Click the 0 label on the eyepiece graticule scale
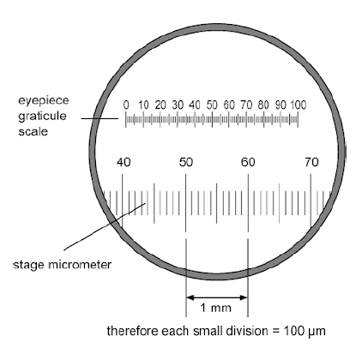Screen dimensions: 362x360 coord(126,105)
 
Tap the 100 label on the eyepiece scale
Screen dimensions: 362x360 coord(299,105)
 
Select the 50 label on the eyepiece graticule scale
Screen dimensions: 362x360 coord(212,105)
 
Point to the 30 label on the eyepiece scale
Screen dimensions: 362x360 coord(178,105)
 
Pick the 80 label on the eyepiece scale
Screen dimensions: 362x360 coord(263,105)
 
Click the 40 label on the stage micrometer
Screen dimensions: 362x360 coord(124,162)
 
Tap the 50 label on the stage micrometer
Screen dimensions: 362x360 coord(186,162)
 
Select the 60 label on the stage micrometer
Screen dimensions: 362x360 coord(248,162)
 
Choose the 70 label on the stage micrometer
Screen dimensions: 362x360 coord(311,162)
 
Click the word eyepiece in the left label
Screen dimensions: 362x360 coord(44,101)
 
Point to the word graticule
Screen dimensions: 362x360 coord(42,116)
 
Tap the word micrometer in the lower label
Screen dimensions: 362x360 coord(80,265)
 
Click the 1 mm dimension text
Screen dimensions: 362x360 coord(215,308)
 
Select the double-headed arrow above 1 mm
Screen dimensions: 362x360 coord(217,297)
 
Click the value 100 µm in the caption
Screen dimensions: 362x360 coord(305,331)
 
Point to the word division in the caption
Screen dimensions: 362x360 coord(247,331)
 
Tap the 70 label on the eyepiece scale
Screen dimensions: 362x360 coord(246,105)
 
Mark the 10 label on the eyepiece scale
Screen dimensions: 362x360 coord(143,105)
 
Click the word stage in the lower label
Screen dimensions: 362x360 coord(30,265)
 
